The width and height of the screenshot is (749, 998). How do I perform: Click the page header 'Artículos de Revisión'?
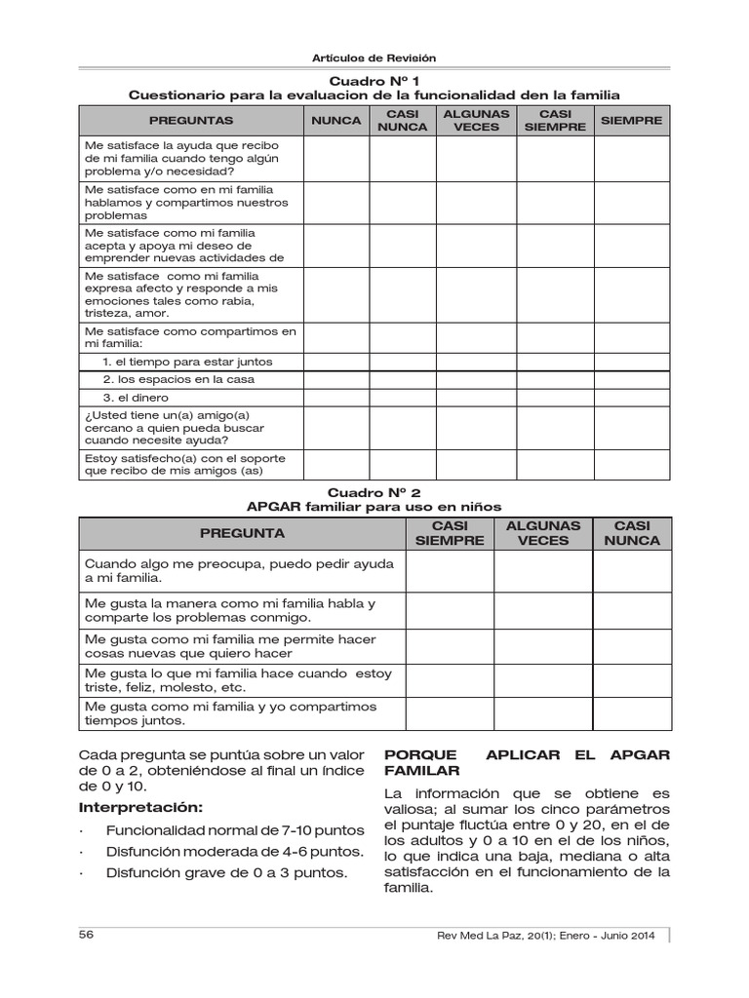(374, 58)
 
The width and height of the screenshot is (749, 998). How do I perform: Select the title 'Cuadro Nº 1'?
(374, 80)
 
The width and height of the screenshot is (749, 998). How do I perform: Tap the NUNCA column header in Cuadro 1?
(335, 121)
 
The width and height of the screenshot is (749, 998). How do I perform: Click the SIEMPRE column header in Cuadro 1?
(631, 121)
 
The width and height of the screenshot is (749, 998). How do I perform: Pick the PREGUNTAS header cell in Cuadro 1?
(191, 121)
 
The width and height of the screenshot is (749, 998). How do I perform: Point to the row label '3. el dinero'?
(136, 398)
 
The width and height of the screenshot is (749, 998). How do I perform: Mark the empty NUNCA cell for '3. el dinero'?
(335, 398)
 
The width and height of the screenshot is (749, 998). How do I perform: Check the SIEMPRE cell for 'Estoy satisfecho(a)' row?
(632, 465)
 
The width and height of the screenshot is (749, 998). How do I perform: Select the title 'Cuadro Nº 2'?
(374, 493)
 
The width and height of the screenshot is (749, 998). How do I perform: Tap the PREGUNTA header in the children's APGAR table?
(242, 533)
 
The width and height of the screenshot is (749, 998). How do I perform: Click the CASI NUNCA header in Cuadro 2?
(631, 533)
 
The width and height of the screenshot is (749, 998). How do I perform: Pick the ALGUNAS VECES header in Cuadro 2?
(542, 533)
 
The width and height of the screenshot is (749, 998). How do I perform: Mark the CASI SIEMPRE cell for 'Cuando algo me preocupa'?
(450, 571)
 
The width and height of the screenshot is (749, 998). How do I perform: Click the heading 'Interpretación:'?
(141, 809)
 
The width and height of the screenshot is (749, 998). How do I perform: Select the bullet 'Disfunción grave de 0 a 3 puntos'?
(226, 872)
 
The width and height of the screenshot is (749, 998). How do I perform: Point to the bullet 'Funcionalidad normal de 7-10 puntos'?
(234, 830)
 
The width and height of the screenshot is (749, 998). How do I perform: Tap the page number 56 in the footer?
(86, 935)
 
